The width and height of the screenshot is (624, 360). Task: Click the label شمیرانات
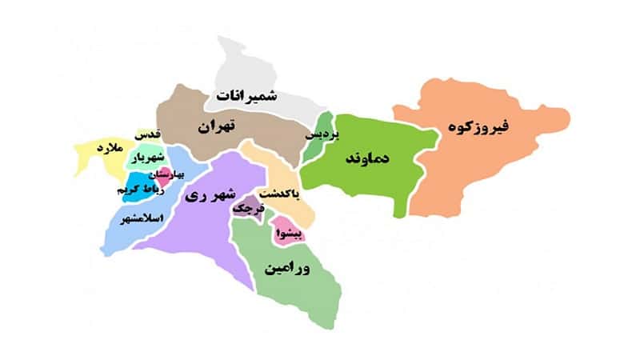tap(245, 98)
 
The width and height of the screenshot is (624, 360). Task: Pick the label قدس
tap(148, 134)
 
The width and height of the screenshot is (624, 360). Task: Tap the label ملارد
tap(106, 150)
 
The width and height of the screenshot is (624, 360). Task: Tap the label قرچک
tap(247, 207)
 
